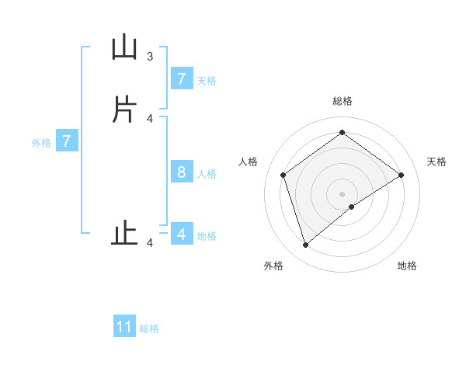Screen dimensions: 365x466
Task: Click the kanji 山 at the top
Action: point(124,48)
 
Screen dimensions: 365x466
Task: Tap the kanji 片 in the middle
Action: point(124,109)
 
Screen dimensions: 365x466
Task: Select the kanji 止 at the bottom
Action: point(124,234)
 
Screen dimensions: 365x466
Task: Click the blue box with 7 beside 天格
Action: point(181,78)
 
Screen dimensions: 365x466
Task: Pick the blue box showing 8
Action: point(181,172)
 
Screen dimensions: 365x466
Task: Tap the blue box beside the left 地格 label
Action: point(181,234)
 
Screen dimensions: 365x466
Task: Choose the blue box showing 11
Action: point(124,327)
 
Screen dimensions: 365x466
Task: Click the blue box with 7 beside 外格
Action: point(67,141)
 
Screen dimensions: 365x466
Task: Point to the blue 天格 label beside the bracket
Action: point(207,80)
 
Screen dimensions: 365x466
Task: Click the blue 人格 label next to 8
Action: point(207,173)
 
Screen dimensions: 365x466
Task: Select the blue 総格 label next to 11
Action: point(149,328)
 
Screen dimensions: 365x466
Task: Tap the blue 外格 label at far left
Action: point(41,143)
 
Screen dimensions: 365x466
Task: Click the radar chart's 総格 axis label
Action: point(343,101)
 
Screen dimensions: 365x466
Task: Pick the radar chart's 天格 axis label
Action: point(436,162)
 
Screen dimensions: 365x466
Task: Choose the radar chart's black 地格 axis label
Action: point(407,266)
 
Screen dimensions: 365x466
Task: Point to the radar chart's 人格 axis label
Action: point(249,162)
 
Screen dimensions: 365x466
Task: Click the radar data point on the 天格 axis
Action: point(401,175)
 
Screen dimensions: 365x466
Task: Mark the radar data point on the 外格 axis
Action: point(306,245)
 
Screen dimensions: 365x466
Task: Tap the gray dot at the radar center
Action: point(343,193)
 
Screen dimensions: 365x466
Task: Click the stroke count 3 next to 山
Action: point(150,56)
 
